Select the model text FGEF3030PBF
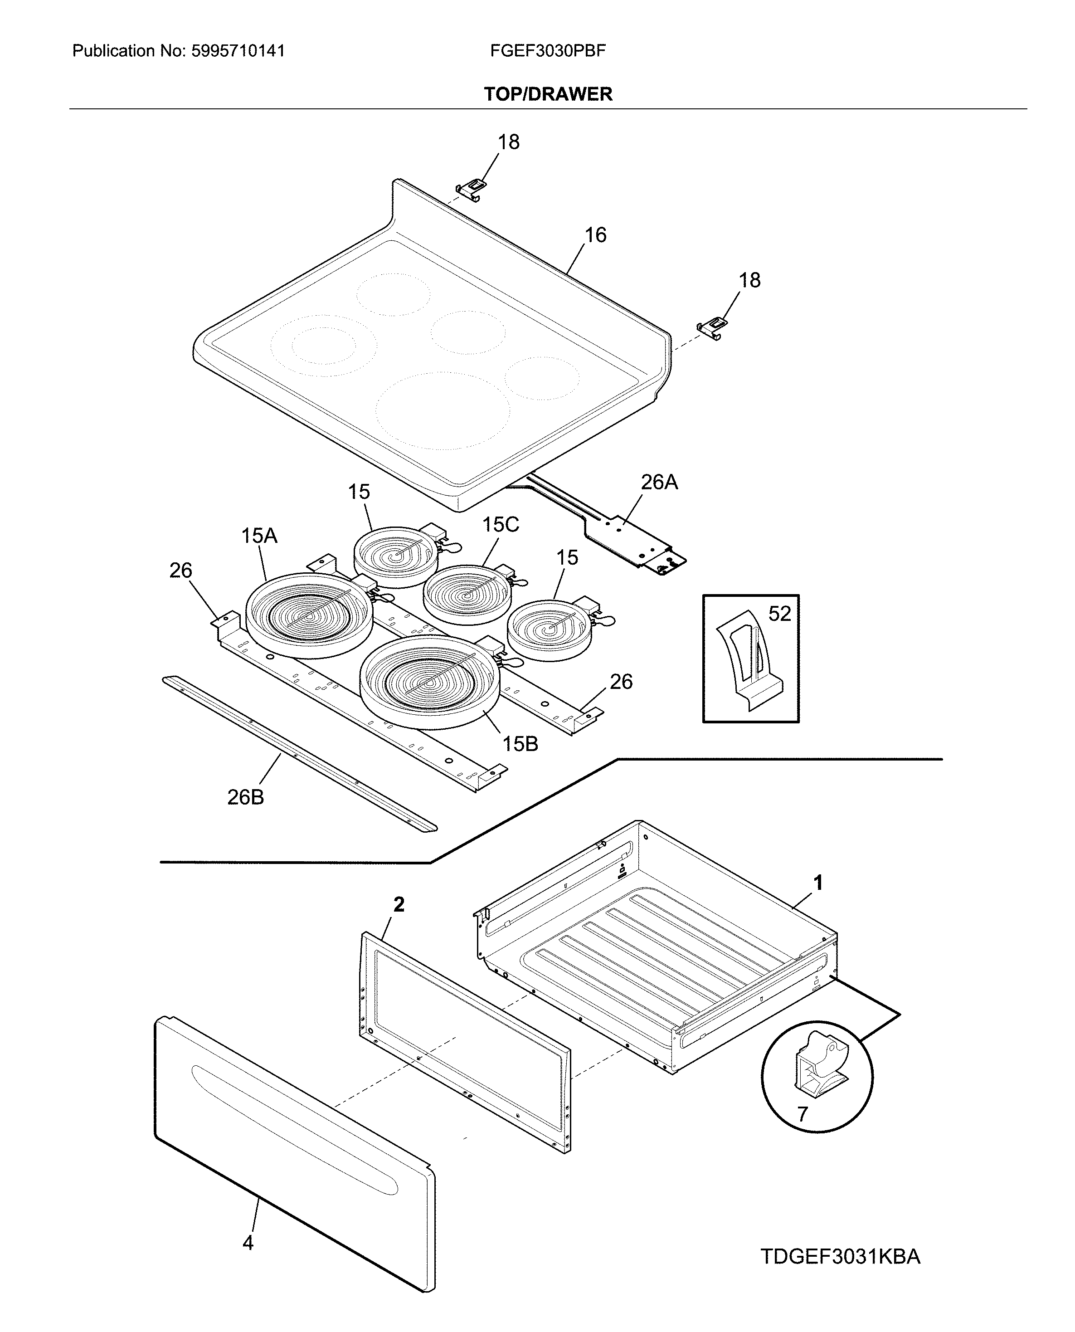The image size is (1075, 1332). (x=547, y=51)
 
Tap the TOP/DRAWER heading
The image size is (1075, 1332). (x=548, y=94)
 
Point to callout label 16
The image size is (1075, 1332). (x=595, y=235)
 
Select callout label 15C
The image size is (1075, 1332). (x=501, y=525)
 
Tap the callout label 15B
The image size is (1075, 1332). (x=520, y=744)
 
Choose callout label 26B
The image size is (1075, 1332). (x=245, y=797)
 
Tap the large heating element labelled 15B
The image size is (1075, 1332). (x=429, y=681)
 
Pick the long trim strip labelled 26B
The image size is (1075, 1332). (x=297, y=753)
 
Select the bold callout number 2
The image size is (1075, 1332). (x=399, y=905)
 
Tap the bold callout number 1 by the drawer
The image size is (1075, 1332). (x=818, y=883)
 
